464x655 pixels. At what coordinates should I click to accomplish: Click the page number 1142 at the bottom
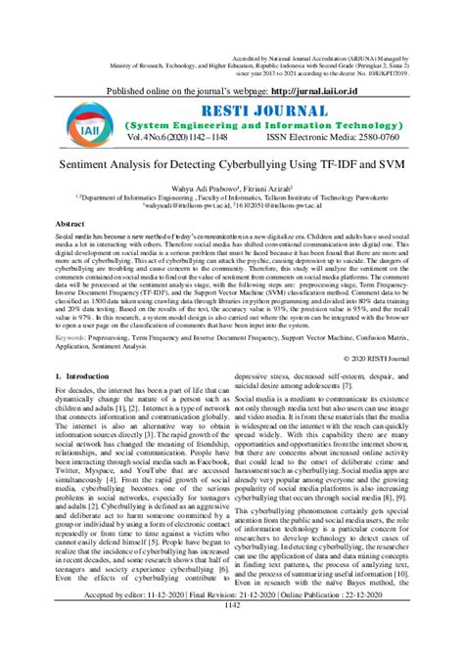[x=231, y=645]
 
